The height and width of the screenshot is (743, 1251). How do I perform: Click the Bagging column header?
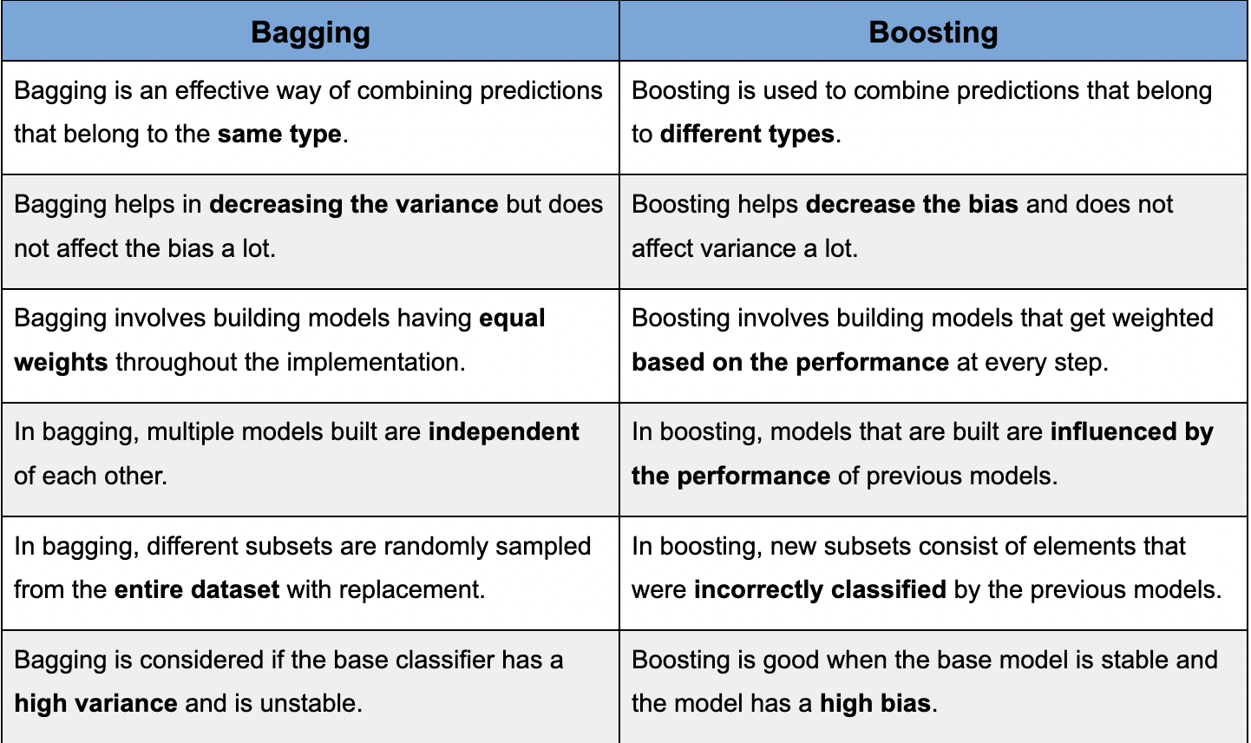tap(311, 32)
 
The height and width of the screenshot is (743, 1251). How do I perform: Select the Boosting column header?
tap(933, 32)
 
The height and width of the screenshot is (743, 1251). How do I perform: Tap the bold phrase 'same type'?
tap(279, 135)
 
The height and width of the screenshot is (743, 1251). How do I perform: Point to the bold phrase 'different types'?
tap(747, 135)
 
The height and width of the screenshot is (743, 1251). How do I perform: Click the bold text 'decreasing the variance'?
tap(354, 204)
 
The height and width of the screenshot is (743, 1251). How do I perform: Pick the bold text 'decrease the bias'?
tap(912, 204)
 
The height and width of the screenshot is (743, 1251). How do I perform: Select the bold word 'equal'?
tap(512, 318)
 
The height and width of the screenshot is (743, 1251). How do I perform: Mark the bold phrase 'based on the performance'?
tap(790, 362)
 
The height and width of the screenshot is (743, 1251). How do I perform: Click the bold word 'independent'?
tap(504, 431)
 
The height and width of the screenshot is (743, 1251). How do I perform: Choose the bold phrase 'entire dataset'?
tap(197, 590)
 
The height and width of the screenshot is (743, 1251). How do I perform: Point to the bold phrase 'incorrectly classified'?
tap(820, 590)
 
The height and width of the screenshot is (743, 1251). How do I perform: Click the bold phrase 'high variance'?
tap(96, 703)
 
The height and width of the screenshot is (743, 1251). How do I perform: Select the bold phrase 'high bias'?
tap(875, 703)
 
